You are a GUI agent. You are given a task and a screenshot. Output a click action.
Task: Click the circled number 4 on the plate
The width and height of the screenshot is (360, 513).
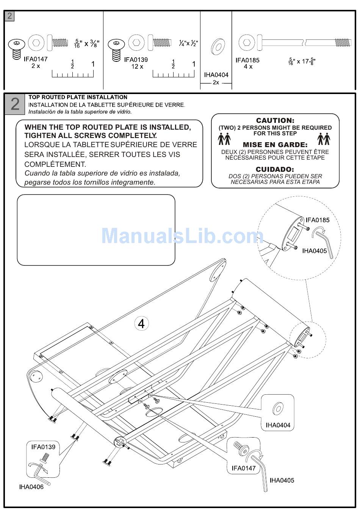[141, 323]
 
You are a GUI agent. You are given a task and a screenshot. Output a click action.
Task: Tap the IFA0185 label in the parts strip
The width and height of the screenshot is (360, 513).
[247, 60]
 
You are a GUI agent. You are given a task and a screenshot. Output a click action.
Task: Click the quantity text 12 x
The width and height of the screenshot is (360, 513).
[137, 66]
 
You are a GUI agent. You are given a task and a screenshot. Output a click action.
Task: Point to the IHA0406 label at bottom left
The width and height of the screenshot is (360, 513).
[31, 487]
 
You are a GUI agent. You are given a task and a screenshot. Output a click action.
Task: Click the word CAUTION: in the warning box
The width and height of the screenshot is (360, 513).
[275, 121]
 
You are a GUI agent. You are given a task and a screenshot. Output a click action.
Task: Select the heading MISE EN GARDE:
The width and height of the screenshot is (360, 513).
[275, 144]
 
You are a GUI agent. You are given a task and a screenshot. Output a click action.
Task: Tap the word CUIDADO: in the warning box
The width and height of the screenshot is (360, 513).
[275, 169]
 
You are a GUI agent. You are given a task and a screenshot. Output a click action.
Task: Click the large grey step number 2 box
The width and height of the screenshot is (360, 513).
[15, 104]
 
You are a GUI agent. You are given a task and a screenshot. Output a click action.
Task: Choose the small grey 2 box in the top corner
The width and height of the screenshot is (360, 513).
[9, 16]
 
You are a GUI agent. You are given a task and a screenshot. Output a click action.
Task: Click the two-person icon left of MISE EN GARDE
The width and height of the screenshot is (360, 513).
[224, 139]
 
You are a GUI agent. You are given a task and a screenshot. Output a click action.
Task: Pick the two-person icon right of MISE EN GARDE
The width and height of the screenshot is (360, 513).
[324, 139]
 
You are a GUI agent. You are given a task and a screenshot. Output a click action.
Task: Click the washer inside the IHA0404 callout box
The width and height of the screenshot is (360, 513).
[278, 409]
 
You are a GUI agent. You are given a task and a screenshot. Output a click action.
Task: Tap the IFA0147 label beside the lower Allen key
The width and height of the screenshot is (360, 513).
[244, 468]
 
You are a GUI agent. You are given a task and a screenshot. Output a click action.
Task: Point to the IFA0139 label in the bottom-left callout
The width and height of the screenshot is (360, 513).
[43, 447]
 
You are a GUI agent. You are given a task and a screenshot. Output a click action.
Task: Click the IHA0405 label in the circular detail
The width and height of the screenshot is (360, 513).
[314, 251]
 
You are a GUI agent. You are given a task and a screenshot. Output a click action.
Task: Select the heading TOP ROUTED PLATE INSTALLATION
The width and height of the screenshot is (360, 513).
[78, 97]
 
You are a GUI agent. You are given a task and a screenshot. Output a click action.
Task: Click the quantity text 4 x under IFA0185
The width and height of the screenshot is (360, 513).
[248, 67]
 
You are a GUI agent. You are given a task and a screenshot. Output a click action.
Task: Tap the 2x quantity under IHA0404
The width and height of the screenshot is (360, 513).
[216, 82]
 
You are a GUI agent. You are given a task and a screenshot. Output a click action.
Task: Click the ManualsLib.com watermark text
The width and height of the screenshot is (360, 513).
[182, 236]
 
